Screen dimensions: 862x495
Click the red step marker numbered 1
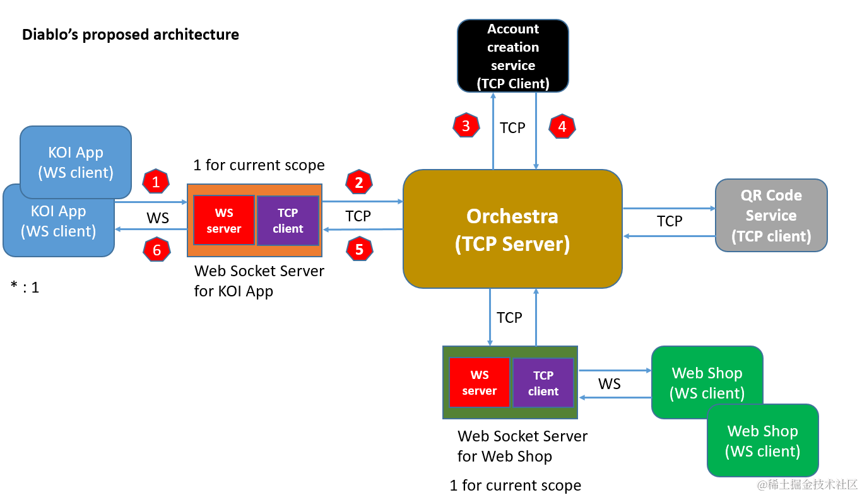[156, 181]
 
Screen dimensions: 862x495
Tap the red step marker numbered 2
[358, 182]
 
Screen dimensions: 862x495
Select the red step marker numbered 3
[466, 125]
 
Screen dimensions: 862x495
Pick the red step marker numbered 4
[562, 126]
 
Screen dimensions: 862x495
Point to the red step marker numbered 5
[360, 249]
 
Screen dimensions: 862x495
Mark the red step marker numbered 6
[156, 250]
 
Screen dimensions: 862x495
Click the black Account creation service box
[513, 55]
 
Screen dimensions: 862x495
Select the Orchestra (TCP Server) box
[512, 229]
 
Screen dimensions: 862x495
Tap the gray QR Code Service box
[771, 216]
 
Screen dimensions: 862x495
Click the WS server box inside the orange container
[224, 220]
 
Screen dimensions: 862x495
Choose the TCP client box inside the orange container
[288, 220]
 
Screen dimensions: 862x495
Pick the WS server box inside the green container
[480, 382]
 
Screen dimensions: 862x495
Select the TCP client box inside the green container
[543, 383]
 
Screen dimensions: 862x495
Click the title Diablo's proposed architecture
[131, 35]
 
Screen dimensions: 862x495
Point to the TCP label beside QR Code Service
[670, 221]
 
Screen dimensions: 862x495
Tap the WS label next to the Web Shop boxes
[609, 384]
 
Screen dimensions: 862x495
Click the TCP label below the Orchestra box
[509, 318]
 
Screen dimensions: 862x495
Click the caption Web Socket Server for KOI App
[259, 281]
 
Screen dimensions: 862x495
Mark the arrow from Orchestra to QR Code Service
[669, 209]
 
